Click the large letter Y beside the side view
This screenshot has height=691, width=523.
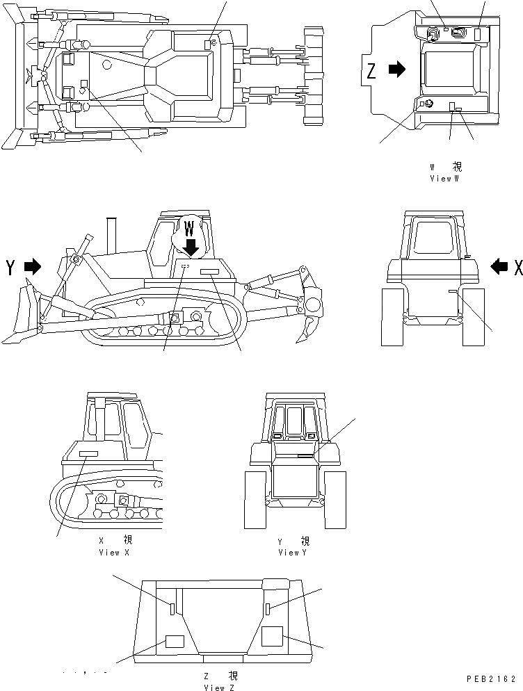pyautogui.click(x=10, y=268)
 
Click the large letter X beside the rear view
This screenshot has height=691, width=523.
pyautogui.click(x=517, y=266)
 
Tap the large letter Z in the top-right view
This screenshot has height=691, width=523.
pyautogui.click(x=372, y=71)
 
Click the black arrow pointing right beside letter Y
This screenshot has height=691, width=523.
pyautogui.click(x=33, y=267)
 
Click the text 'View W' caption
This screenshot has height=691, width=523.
pyautogui.click(x=445, y=179)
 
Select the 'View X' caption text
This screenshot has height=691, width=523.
pyautogui.click(x=114, y=552)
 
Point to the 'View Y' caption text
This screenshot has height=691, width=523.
pyautogui.click(x=293, y=552)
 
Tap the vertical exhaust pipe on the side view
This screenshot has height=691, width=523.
pyautogui.click(x=110, y=235)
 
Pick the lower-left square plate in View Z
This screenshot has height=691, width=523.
pyautogui.click(x=175, y=641)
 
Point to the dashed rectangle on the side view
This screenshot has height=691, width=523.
pyautogui.click(x=185, y=266)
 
